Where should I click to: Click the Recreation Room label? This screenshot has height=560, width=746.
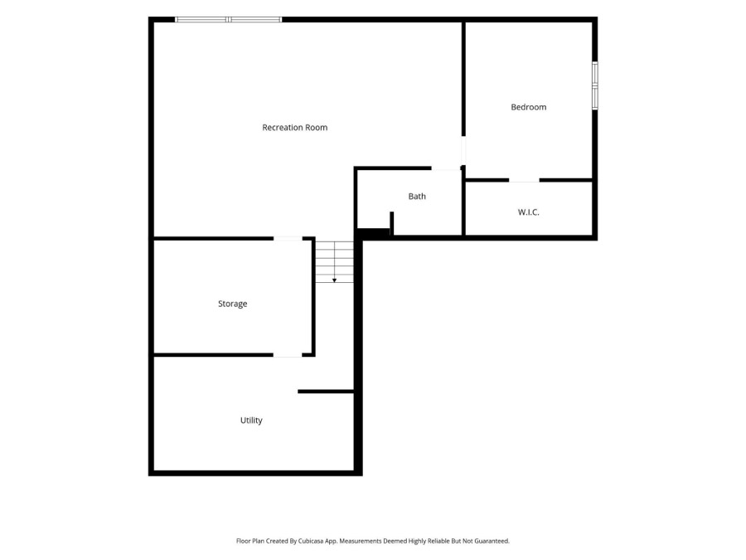point(294,128)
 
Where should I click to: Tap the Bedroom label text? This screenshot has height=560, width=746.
point(529,107)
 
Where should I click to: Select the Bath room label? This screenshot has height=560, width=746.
point(417,196)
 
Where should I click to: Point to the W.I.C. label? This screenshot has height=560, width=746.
point(529,212)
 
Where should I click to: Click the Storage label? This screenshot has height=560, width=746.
point(233,304)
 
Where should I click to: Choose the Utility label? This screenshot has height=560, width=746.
point(251,421)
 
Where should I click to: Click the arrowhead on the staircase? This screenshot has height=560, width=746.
point(335,280)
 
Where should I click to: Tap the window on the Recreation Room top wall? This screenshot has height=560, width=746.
point(229,20)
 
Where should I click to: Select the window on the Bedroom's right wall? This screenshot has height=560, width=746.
point(594,85)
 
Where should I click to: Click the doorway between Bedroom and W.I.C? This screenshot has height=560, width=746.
point(525,181)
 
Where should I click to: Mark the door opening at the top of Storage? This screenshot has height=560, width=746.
point(288,238)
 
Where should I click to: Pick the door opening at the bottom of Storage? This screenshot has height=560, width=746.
point(288,355)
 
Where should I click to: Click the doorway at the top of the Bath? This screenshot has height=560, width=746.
point(446,168)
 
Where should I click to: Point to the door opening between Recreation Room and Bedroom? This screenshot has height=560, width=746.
point(463,151)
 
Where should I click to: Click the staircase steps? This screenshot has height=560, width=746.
point(335,262)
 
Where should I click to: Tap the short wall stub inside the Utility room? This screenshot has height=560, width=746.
point(326,392)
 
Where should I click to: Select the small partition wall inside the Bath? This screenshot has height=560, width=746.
point(391,223)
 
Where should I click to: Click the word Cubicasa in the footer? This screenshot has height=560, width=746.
point(311,541)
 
